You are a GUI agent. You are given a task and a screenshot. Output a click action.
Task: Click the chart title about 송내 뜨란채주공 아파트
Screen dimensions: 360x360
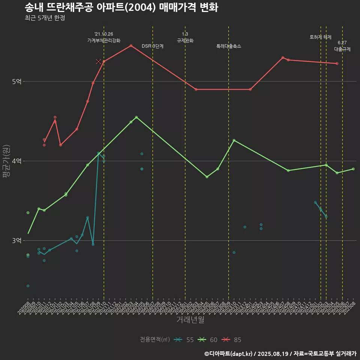click(x=121, y=7)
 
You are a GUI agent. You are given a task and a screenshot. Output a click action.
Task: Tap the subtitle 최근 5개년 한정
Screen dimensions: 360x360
click(x=45, y=18)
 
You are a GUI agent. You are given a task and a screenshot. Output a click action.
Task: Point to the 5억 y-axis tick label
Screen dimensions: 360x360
click(x=16, y=81)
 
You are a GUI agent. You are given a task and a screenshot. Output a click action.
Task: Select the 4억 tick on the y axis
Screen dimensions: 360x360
click(x=16, y=161)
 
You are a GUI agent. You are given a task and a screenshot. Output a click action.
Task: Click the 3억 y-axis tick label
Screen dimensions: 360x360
click(x=16, y=240)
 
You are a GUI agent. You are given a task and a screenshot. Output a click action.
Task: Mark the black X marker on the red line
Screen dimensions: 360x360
click(x=98, y=61)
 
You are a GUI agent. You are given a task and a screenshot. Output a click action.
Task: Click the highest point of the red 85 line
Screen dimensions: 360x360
click(x=131, y=46)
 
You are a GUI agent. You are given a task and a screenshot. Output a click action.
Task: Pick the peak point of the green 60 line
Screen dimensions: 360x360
click(x=136, y=117)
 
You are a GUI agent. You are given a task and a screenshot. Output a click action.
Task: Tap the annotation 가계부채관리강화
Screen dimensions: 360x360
click(x=104, y=40)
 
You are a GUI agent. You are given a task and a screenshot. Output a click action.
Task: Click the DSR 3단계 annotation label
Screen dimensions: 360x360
click(x=153, y=46)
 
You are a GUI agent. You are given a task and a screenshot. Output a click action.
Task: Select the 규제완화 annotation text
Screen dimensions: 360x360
click(x=185, y=40)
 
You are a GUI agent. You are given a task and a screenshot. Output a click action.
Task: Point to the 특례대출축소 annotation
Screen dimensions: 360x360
click(x=229, y=46)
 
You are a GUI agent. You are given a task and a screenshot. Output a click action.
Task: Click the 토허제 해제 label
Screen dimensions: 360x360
click(x=321, y=37)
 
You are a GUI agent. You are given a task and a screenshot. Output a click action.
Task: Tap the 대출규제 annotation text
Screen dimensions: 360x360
click(x=342, y=49)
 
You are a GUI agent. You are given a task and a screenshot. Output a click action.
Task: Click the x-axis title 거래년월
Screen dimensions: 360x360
click(x=190, y=320)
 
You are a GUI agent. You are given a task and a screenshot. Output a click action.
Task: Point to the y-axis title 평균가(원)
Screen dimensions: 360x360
click(x=6, y=161)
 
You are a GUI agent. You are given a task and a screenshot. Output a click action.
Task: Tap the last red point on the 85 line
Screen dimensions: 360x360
click(x=337, y=64)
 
